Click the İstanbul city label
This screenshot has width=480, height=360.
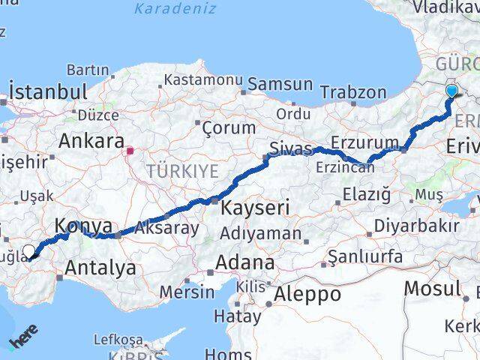click(48, 92)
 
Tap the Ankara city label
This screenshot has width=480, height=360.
click(91, 140)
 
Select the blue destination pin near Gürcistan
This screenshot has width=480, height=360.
click(451, 91)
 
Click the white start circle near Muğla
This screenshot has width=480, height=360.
click(29, 251)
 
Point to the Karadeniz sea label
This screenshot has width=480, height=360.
click(175, 9)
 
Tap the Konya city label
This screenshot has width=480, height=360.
click(84, 225)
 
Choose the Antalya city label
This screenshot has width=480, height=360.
click(100, 267)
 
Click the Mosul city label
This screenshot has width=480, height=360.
click(432, 287)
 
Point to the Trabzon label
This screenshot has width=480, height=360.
click(353, 92)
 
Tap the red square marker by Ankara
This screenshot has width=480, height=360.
click(130, 150)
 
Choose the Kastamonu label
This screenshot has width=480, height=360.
click(203, 79)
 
